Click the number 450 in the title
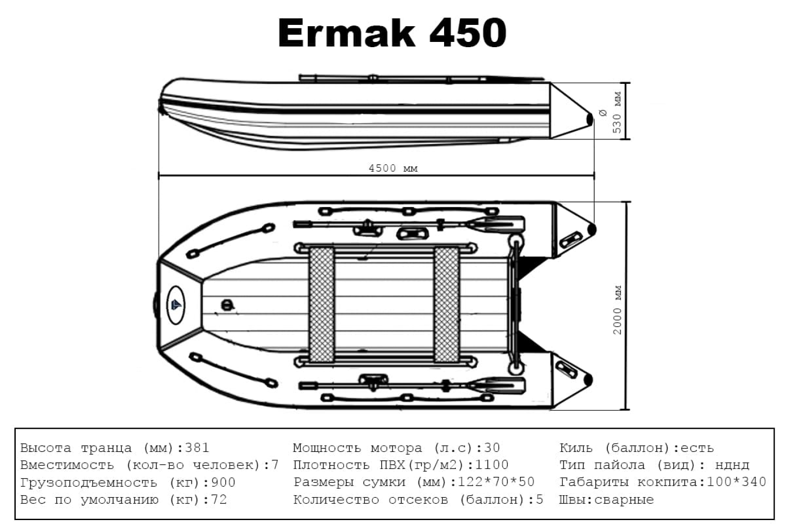468,33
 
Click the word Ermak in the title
346,33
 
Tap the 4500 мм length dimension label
393,168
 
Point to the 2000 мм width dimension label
617,310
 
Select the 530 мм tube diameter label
617,113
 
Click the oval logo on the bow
176,305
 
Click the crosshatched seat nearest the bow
321,304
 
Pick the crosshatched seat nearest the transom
446,304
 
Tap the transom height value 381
197,448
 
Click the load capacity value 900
223,483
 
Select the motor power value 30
492,448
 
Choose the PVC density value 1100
492,465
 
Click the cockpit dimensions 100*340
736,482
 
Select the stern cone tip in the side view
589,118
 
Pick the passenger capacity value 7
275,465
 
